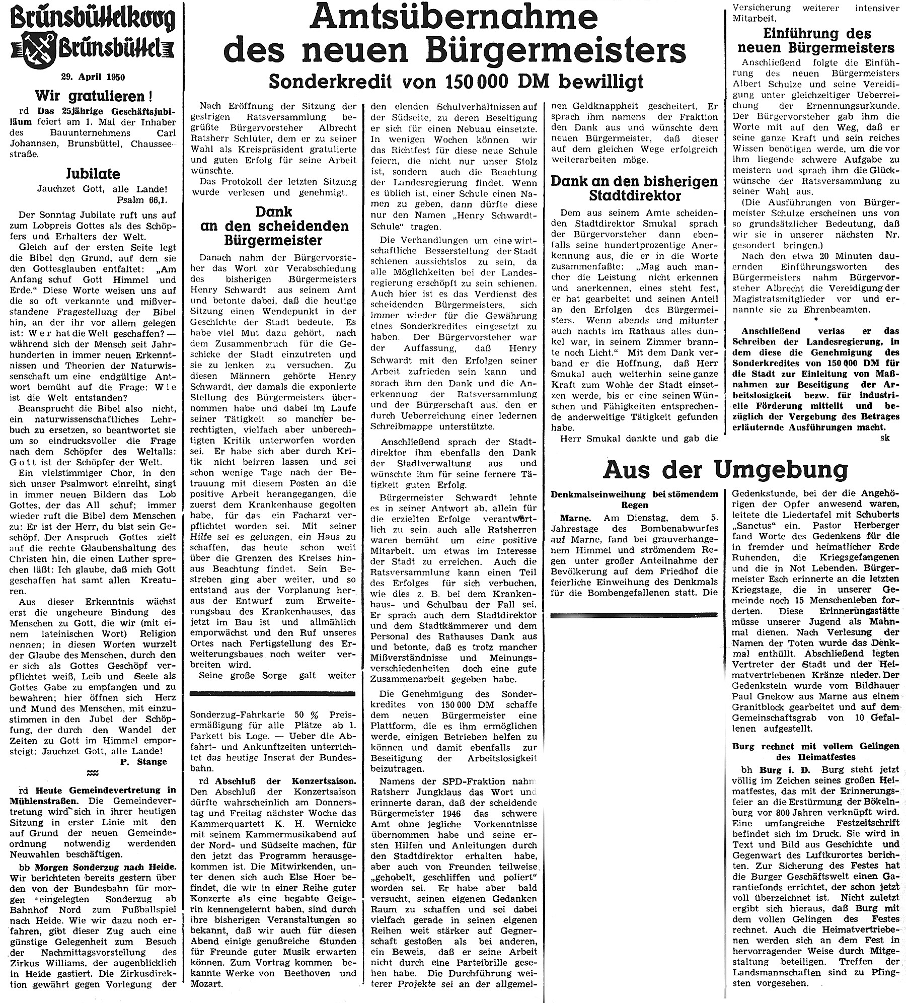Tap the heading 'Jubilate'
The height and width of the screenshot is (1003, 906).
point(94,174)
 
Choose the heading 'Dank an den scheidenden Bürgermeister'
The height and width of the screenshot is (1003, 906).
point(274,226)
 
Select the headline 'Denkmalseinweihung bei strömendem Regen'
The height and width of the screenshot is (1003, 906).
point(634,499)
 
